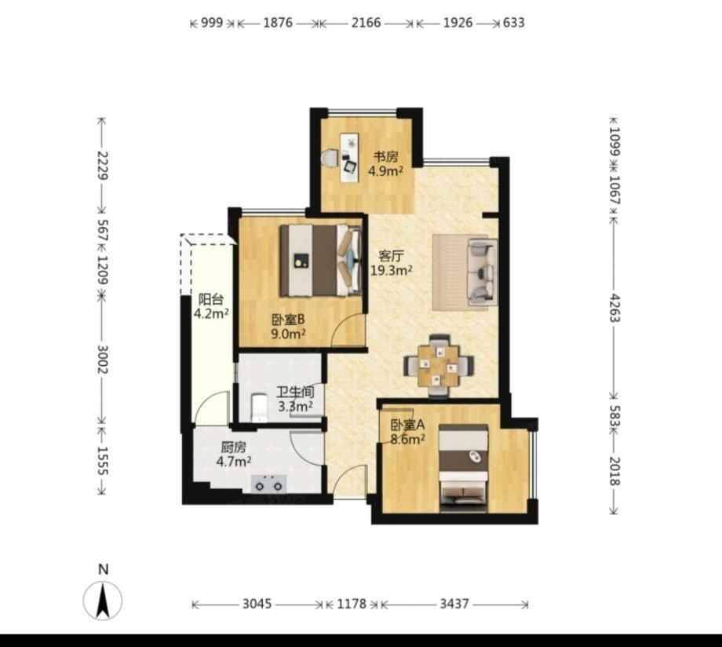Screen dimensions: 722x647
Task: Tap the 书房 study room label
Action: [385, 157]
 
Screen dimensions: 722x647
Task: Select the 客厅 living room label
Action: [392, 255]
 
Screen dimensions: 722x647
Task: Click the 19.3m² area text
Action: [392, 270]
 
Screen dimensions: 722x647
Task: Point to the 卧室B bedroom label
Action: [288, 319]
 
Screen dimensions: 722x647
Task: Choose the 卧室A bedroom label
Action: [407, 425]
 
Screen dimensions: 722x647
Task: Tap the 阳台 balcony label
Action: [211, 299]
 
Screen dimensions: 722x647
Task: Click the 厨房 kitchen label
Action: [233, 447]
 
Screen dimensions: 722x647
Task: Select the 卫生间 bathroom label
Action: [295, 392]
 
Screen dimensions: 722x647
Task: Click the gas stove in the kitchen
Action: [268, 484]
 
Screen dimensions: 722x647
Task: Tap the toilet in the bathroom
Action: [259, 408]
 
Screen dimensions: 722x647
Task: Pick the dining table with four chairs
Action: [439, 365]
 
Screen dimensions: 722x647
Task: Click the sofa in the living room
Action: [483, 272]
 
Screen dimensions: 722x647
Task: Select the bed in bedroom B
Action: [321, 261]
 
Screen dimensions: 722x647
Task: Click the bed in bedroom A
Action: [463, 468]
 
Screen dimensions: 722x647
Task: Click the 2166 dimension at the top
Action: [366, 23]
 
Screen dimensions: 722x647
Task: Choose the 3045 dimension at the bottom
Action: [257, 604]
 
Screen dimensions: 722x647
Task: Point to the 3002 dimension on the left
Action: [102, 360]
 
